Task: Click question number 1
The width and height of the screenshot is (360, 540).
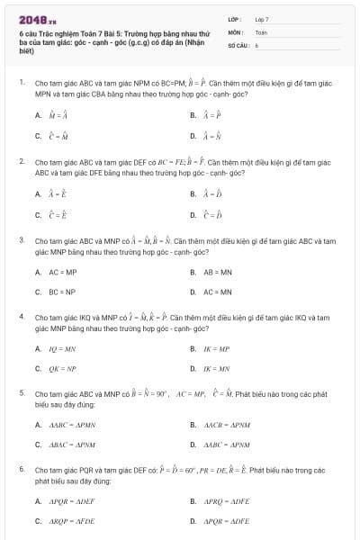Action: (21, 82)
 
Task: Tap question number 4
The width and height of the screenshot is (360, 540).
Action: (21, 318)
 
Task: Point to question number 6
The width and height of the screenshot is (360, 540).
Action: (21, 470)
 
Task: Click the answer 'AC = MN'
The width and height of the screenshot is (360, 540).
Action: (218, 292)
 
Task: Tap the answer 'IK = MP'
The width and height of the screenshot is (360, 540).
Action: (218, 348)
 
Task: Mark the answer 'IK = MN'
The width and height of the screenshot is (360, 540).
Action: (218, 368)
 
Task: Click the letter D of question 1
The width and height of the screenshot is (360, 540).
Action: (193, 136)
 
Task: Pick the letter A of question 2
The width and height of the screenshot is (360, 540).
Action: (38, 193)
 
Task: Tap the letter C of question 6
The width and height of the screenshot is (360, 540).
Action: (38, 521)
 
